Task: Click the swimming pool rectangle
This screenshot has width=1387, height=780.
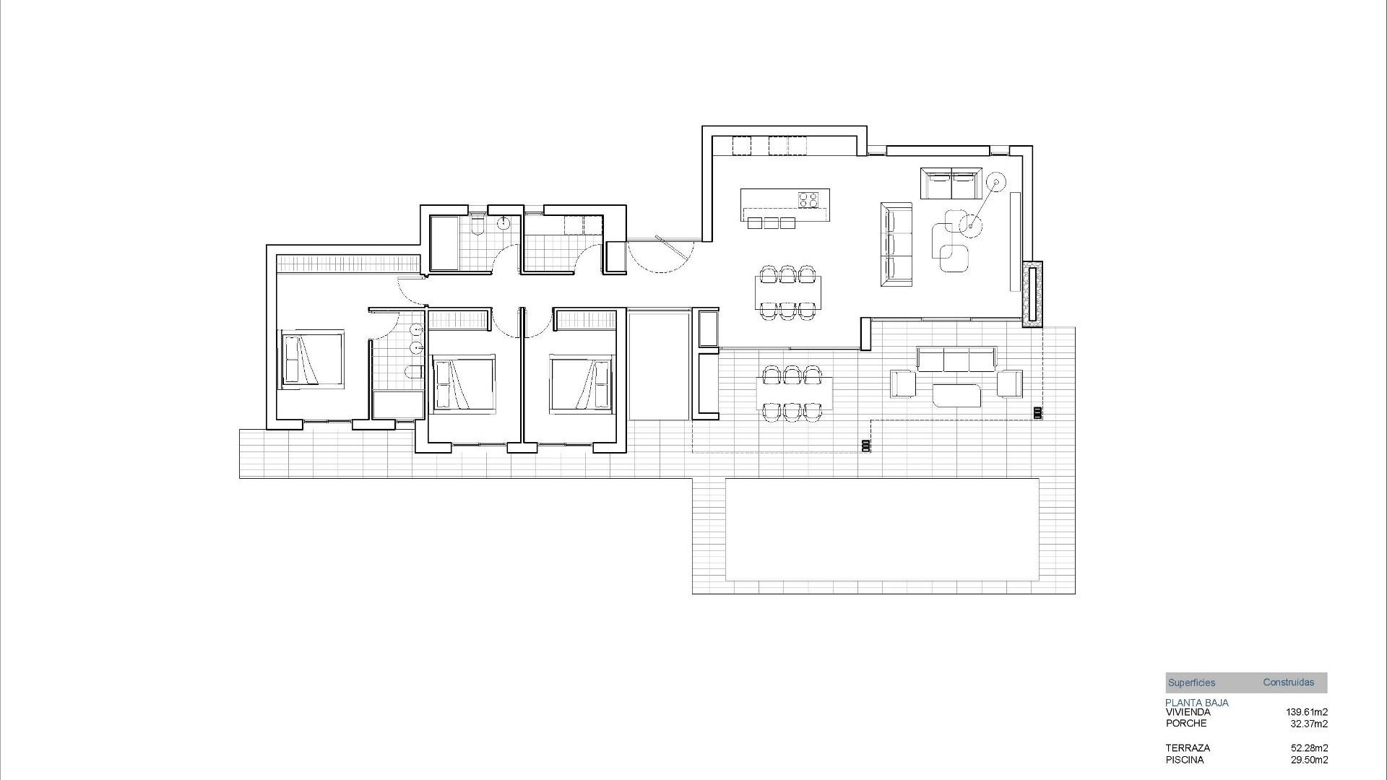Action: tap(882, 529)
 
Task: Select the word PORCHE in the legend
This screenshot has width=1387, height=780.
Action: tap(1185, 723)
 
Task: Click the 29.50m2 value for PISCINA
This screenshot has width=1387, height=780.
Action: tap(1309, 760)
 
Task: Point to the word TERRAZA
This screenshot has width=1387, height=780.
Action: tap(1187, 748)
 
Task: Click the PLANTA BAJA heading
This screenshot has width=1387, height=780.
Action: tap(1196, 702)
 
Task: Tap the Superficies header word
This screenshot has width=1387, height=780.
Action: tap(1191, 682)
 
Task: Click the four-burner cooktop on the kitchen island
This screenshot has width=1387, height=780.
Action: tap(808, 199)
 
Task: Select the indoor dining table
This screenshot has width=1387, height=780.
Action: tap(788, 292)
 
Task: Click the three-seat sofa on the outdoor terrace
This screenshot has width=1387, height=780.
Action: tap(956, 358)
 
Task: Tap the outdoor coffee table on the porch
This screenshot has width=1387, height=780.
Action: tap(956, 395)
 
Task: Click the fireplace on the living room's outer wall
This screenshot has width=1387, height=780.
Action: tap(1033, 292)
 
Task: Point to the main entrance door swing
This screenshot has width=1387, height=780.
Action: tap(661, 254)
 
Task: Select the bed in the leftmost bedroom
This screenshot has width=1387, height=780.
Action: tap(311, 359)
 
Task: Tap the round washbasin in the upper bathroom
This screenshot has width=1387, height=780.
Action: tap(504, 223)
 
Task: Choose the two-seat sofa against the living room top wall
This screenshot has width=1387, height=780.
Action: tap(951, 183)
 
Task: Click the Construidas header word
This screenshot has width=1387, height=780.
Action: tap(1288, 682)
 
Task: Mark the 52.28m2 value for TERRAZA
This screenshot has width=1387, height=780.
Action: tap(1309, 748)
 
